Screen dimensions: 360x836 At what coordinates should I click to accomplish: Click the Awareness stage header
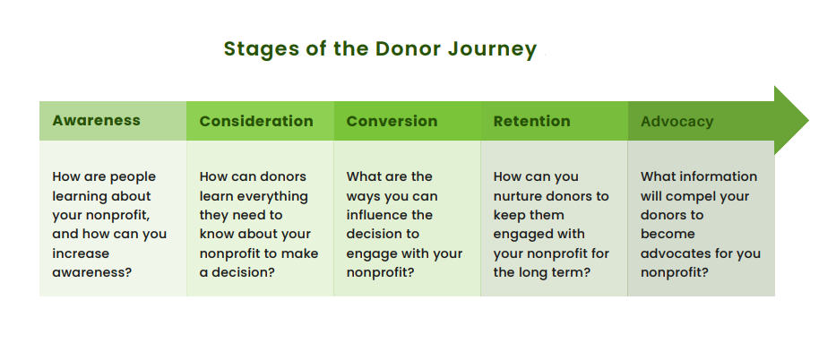point(96,120)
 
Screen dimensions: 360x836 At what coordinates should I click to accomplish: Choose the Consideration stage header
point(256,121)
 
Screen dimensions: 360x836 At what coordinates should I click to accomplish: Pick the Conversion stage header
point(392,121)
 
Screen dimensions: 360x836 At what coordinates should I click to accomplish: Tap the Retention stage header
point(531,121)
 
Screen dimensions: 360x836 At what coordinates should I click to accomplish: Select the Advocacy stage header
point(677,121)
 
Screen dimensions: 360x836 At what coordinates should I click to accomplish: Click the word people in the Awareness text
point(132,176)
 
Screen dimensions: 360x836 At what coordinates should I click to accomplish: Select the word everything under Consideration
point(270,196)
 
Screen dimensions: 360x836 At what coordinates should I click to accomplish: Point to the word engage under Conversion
point(371,253)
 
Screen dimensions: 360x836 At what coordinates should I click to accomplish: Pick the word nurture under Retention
point(521,196)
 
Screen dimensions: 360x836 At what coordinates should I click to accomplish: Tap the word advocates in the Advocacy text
point(673,253)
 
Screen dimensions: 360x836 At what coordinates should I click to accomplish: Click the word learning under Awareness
point(82,196)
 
